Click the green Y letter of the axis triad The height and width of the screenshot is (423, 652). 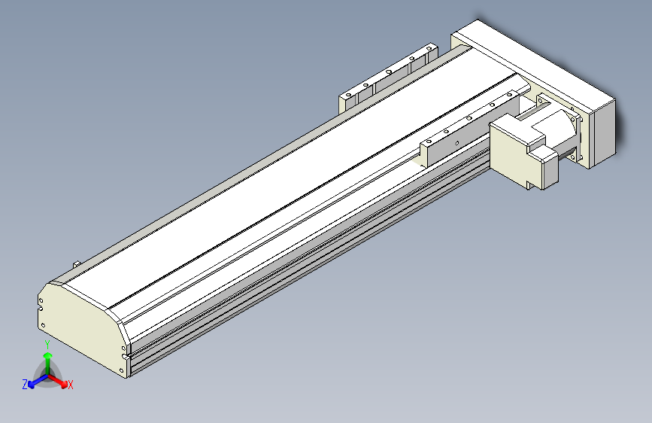tap(47, 343)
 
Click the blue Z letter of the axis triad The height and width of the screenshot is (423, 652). tap(25, 385)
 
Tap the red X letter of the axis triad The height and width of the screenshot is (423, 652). tap(71, 385)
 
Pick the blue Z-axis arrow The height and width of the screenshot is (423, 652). tap(35, 381)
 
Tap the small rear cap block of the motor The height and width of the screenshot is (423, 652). tap(547, 169)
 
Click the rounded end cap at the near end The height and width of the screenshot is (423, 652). tap(79, 327)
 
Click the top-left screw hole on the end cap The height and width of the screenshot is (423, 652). tap(43, 299)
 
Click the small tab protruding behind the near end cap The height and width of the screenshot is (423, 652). tap(77, 263)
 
